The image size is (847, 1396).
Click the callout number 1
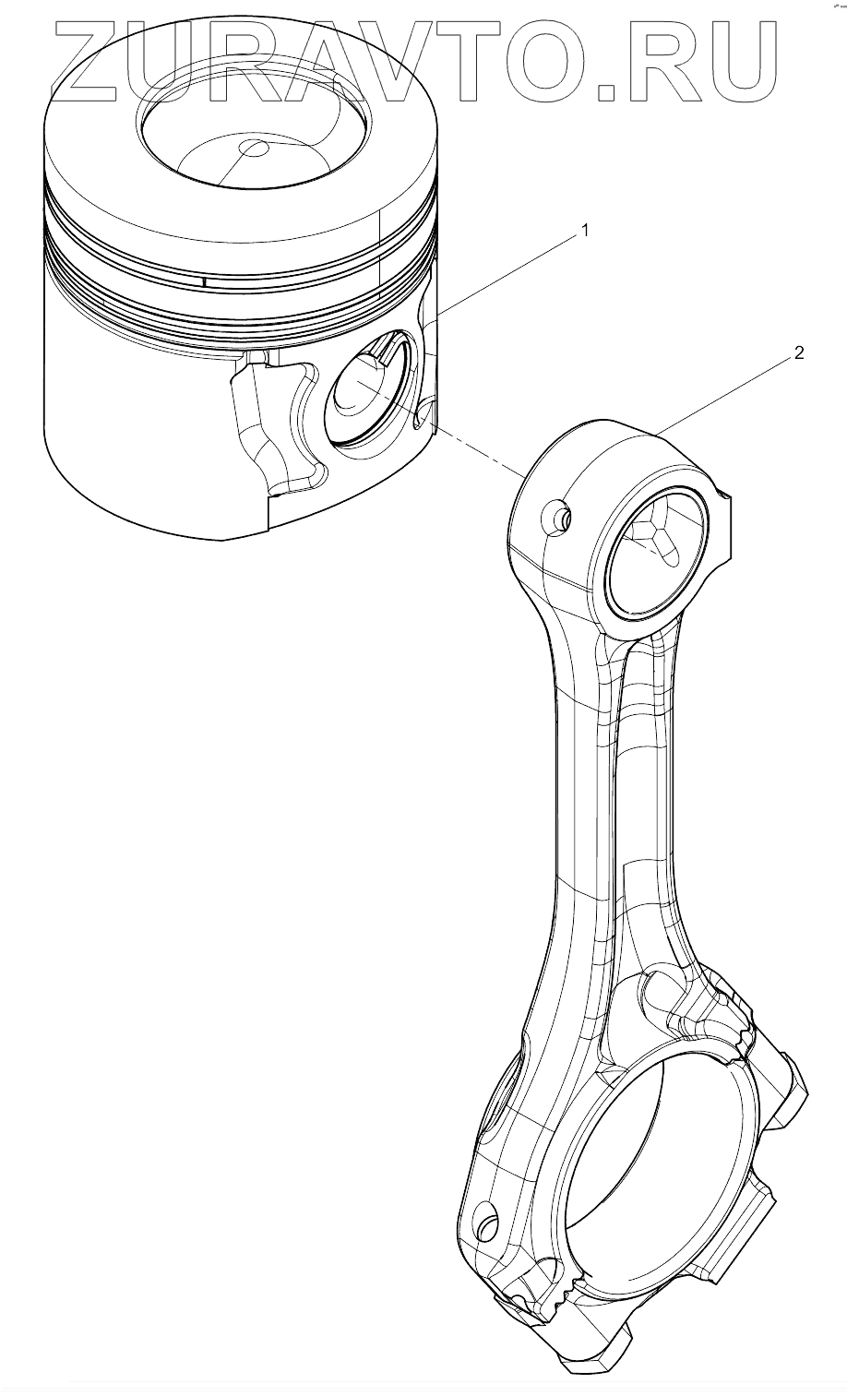tap(583, 233)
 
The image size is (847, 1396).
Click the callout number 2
tap(799, 352)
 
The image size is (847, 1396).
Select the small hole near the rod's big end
tap(486, 1225)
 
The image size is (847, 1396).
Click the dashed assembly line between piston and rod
tap(480, 453)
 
